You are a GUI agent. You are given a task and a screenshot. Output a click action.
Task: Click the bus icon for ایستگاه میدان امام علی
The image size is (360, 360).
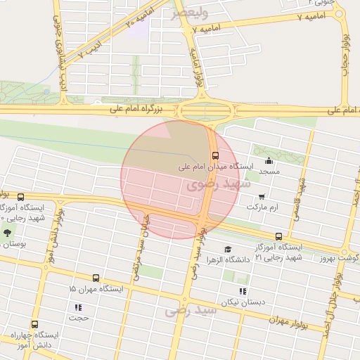(x=214, y=156)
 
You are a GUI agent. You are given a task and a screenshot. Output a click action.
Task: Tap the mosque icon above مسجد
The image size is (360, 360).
(x=269, y=160)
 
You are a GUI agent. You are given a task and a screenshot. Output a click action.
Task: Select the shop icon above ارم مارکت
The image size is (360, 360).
(x=262, y=197)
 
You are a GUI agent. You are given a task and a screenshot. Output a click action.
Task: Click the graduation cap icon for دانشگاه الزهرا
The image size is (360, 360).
(x=227, y=249)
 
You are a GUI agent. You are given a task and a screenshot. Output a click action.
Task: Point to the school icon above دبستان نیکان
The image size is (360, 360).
(x=243, y=291)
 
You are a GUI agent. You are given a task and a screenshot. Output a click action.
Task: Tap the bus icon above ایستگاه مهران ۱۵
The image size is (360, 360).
(x=96, y=278)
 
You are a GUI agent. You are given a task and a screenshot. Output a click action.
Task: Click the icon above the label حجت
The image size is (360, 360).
(x=78, y=307)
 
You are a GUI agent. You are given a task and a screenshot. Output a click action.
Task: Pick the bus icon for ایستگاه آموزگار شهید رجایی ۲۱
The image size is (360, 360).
(x=279, y=236)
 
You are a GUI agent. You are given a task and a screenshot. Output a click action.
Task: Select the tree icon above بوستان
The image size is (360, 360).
(x=7, y=233)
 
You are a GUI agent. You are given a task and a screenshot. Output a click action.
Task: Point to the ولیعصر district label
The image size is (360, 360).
(x=189, y=12)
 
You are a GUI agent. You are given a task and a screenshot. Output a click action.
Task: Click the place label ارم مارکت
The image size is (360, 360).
(x=262, y=208)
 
